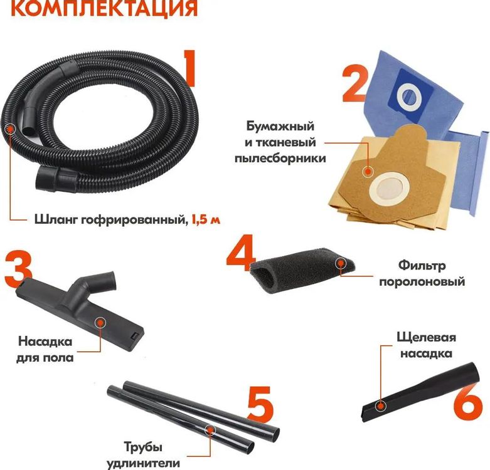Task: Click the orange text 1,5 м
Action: coord(207,219)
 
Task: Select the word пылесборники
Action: coord(280,159)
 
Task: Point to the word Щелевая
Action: coord(426,338)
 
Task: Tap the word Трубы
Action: coord(142,447)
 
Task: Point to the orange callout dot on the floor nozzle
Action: coord(100,322)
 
